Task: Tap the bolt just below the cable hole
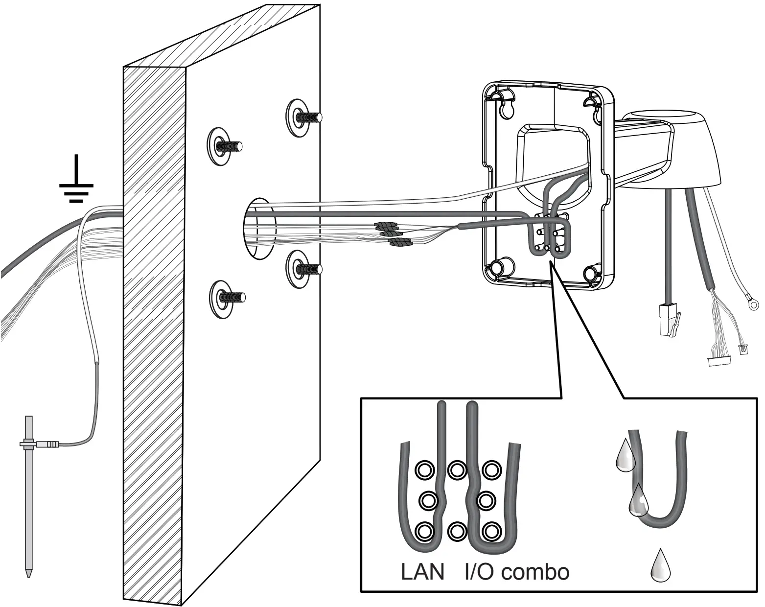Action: point(299,268)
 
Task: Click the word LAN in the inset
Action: point(422,572)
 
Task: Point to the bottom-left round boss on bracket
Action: point(498,267)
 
